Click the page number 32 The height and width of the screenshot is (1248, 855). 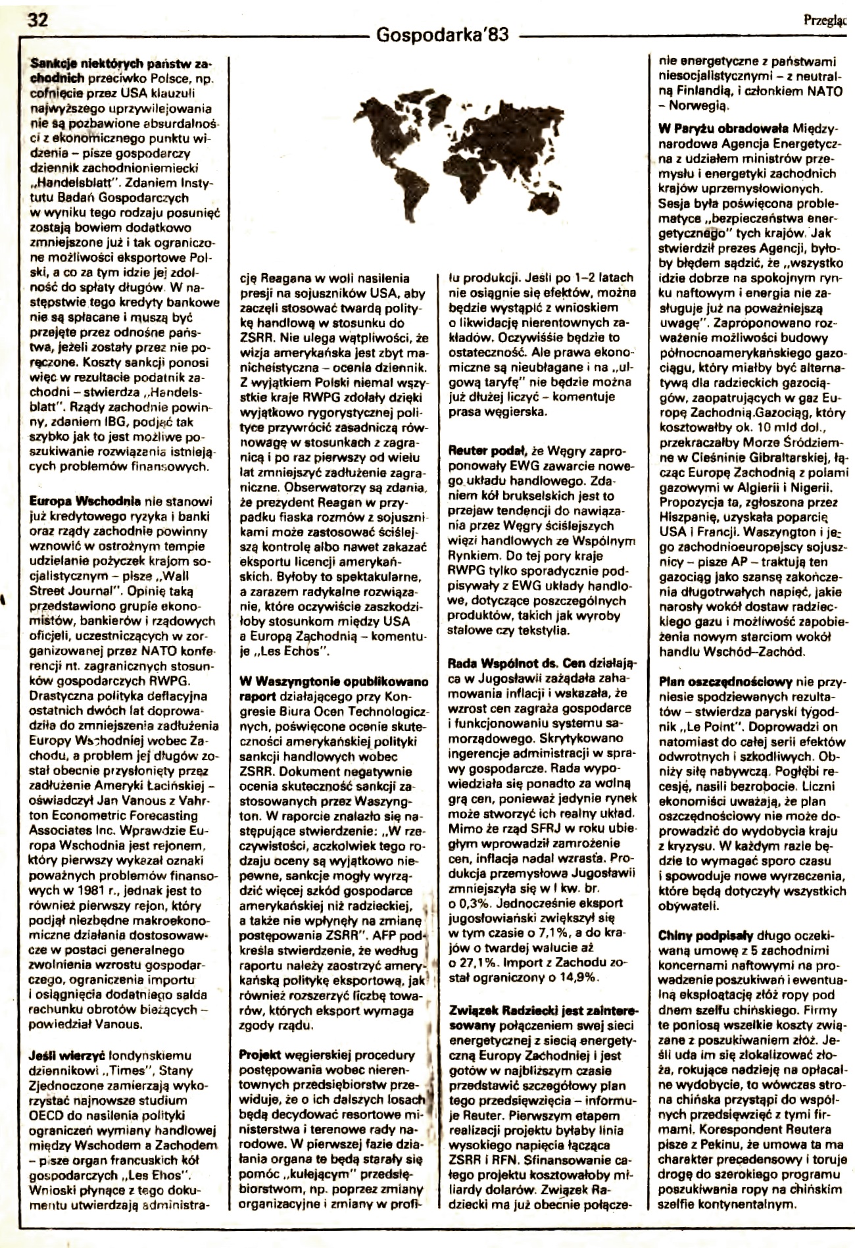[x=39, y=19]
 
